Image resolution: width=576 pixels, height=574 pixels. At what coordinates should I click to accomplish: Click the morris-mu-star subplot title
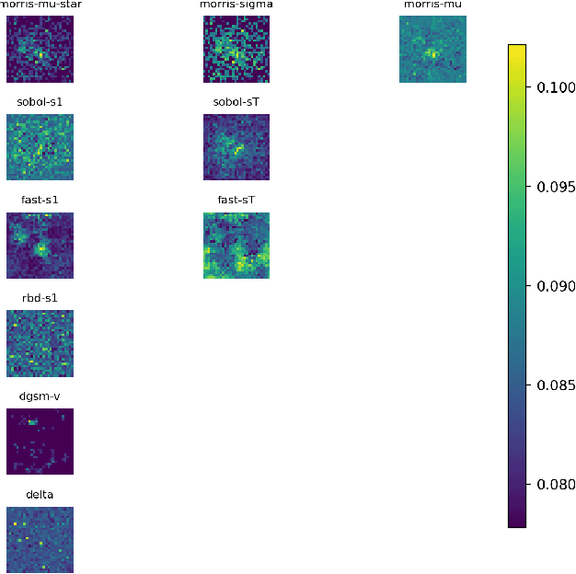coord(40,6)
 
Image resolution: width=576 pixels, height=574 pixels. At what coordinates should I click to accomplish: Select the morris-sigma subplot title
coord(236,6)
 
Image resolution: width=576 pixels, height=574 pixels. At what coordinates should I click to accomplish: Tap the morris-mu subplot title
coord(432,6)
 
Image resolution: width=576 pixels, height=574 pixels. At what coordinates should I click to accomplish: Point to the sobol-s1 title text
coord(40,101)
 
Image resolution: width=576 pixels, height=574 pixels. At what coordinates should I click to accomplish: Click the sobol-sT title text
coord(236,101)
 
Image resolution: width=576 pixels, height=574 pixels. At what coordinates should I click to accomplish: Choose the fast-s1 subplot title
coord(40,200)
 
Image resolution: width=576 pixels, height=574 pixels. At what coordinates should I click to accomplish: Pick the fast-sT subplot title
coord(236,200)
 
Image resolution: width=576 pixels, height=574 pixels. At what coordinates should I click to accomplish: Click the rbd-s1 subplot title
coord(40,298)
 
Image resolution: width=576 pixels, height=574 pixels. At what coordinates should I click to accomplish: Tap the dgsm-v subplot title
coord(40,396)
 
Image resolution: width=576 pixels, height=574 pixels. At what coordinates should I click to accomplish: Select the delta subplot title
coord(40,495)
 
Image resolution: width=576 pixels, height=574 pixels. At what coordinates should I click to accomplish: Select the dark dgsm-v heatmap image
coord(40,442)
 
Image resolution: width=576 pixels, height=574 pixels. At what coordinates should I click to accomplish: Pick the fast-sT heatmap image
coord(236,246)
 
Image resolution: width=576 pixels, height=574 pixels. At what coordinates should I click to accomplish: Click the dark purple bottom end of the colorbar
coord(517,522)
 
